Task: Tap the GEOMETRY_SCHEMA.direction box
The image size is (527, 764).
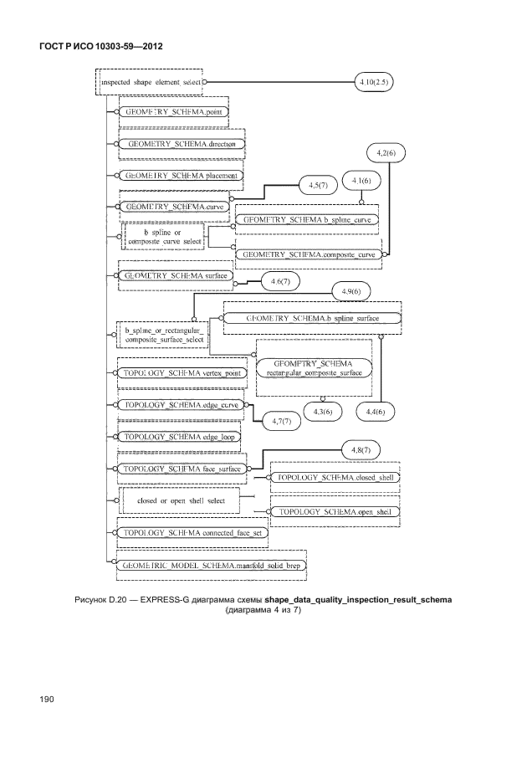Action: pyautogui.click(x=181, y=144)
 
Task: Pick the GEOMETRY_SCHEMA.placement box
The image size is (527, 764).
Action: pyautogui.click(x=180, y=176)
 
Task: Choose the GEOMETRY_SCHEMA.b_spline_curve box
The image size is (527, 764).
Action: pyautogui.click(x=307, y=220)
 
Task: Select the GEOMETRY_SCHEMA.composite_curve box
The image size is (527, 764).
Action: pyautogui.click(x=307, y=252)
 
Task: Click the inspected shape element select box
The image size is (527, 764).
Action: pyautogui.click(x=151, y=83)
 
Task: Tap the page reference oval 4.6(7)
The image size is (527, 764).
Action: pyautogui.click(x=279, y=283)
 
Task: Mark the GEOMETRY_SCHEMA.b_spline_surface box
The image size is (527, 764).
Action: pyautogui.click(x=311, y=319)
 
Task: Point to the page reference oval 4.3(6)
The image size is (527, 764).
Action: pyautogui.click(x=322, y=412)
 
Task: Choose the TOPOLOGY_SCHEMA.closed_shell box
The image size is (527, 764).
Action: pyautogui.click(x=335, y=477)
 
